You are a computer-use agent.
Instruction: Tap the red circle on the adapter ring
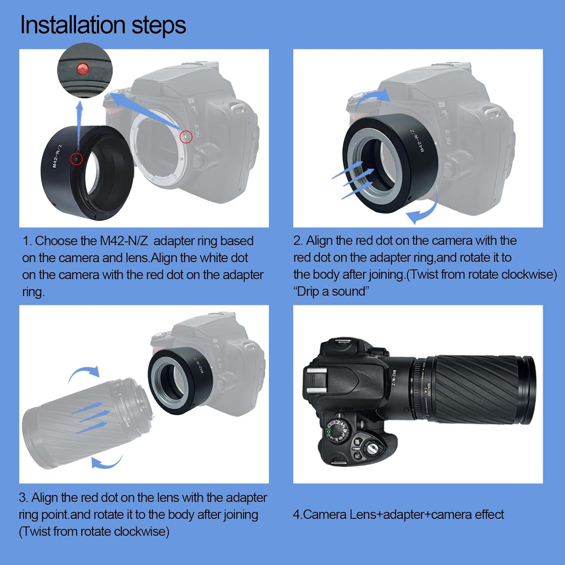(x=76, y=159)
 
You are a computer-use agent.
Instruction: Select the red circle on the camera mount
(x=186, y=136)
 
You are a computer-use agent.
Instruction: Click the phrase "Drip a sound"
(x=331, y=291)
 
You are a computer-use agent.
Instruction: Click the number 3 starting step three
(x=22, y=498)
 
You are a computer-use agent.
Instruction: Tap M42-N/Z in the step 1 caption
(x=123, y=241)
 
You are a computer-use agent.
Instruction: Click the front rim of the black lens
(x=528, y=391)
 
